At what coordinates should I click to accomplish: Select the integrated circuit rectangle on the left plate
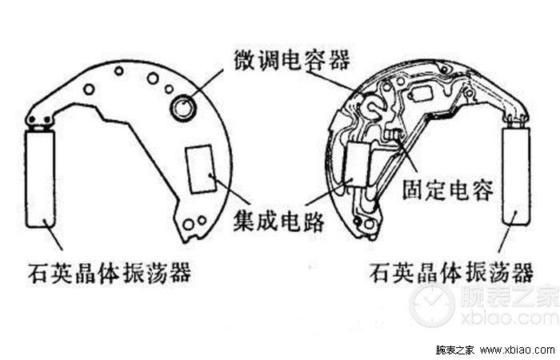[200, 170]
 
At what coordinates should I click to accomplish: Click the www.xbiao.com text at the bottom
[512, 350]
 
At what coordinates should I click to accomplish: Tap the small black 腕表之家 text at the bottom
[455, 350]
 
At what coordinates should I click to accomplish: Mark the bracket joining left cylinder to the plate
[38, 120]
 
